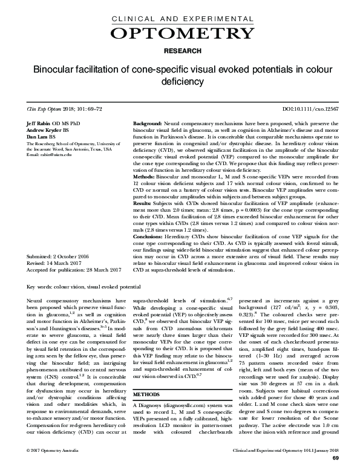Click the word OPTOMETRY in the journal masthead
coord(180,31)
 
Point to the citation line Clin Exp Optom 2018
coord(56,109)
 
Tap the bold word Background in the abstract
coord(147,123)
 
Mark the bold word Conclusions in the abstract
coord(149,237)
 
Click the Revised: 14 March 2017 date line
coord(54,263)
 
